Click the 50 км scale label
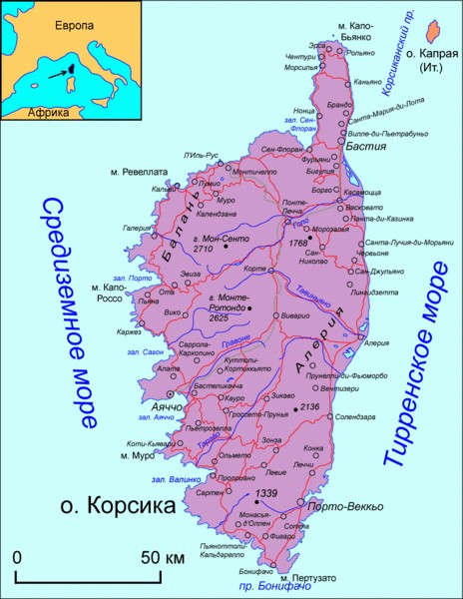(160, 556)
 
